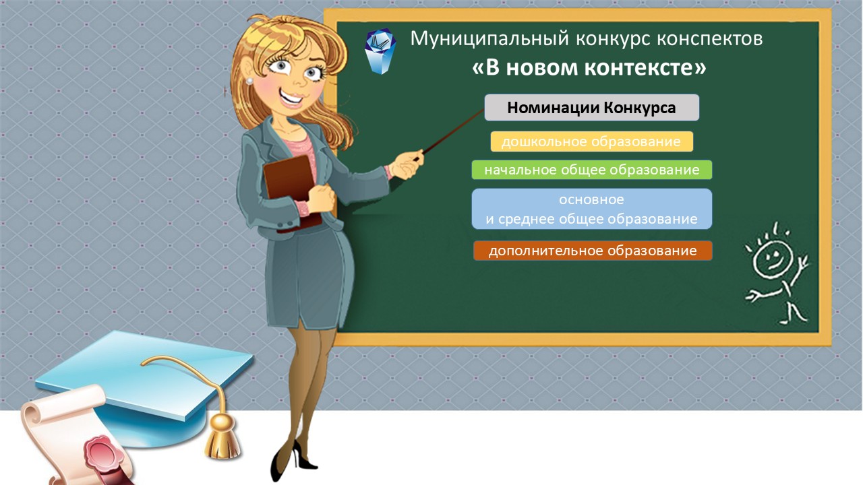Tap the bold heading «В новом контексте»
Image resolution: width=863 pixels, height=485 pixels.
point(589,68)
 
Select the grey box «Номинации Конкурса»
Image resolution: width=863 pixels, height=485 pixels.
point(591,108)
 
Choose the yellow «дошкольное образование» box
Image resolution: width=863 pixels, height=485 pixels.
point(591,141)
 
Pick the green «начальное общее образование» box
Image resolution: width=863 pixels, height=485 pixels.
point(591,170)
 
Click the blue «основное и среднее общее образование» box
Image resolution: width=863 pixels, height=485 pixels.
point(591,209)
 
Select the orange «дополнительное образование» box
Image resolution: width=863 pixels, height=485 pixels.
point(592,251)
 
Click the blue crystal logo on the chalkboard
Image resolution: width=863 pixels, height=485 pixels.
point(380,51)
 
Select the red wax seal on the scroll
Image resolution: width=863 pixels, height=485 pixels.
point(101,450)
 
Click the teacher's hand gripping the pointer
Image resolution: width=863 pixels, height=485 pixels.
point(407,163)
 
